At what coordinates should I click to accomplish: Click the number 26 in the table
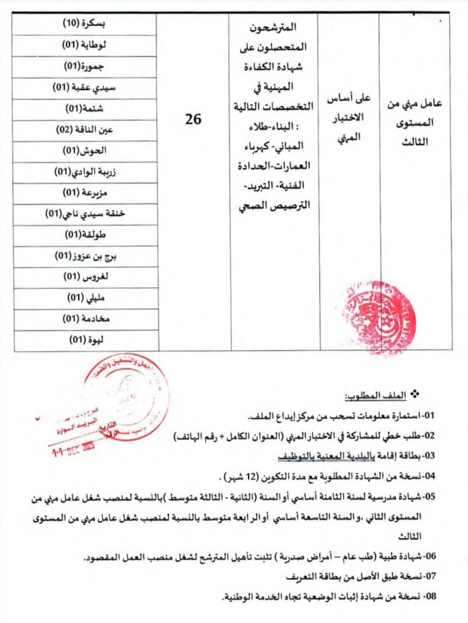point(193,119)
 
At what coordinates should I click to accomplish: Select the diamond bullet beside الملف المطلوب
point(417,395)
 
